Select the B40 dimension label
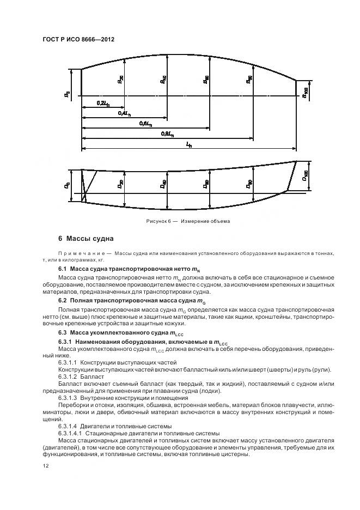[163, 80]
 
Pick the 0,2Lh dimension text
[102, 102]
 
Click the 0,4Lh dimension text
[124, 113]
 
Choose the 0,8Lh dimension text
[167, 134]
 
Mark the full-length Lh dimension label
[188, 145]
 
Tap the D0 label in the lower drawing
[68, 185]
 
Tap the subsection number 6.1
[62, 269]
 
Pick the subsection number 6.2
[62, 300]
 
